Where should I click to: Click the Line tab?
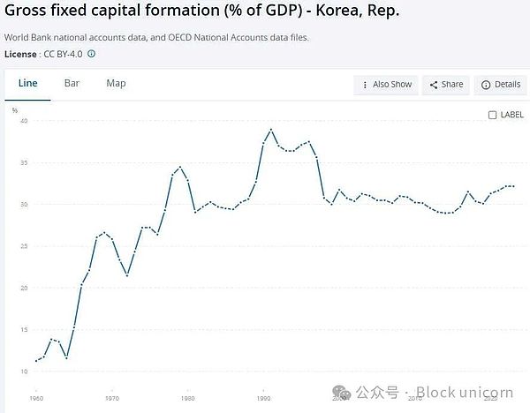pyautogui.click(x=26, y=83)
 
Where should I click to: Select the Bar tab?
pyautogui.click(x=72, y=83)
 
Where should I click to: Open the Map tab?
pyautogui.click(x=116, y=83)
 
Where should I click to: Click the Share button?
pyautogui.click(x=447, y=85)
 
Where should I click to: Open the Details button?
pyautogui.click(x=499, y=85)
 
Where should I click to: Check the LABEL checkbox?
pyautogui.click(x=493, y=115)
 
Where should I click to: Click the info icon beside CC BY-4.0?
pyautogui.click(x=91, y=54)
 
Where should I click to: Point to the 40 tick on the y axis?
pyautogui.click(x=25, y=121)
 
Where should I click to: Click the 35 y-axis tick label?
pyautogui.click(x=25, y=163)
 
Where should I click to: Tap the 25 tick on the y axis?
pyautogui.click(x=25, y=246)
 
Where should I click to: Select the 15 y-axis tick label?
pyautogui.click(x=25, y=330)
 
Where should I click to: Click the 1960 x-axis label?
pyautogui.click(x=35, y=399)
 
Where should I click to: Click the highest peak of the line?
pyautogui.click(x=271, y=130)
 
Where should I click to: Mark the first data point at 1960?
pyautogui.click(x=36, y=361)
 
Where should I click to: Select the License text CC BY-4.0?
pyautogui.click(x=62, y=54)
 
